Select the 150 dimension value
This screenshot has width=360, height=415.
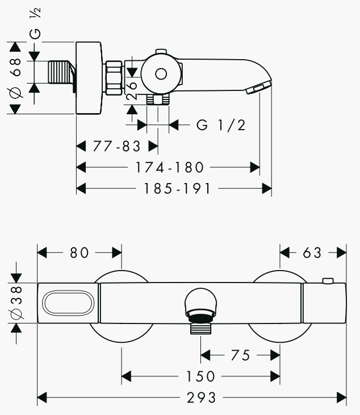[201, 376]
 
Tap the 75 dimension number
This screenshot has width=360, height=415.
[241, 355]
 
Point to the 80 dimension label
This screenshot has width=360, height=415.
[79, 252]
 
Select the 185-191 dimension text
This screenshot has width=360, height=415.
[177, 188]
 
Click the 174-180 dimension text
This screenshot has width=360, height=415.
[169, 167]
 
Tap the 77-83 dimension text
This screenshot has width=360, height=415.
[116, 146]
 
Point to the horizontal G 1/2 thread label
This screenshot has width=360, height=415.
[221, 125]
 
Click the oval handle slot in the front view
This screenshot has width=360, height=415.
[68, 303]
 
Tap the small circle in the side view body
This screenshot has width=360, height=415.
[161, 74]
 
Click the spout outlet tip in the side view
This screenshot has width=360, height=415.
[259, 88]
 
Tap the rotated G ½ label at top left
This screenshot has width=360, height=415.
[36, 24]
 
